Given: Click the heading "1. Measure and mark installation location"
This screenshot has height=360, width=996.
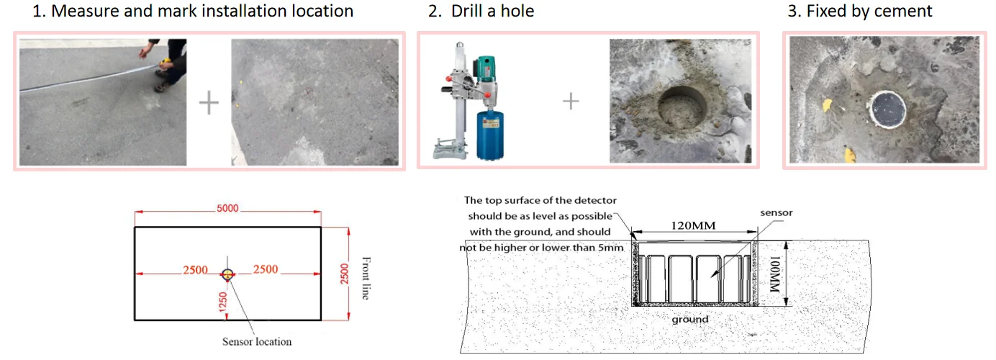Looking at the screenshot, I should click(x=193, y=12).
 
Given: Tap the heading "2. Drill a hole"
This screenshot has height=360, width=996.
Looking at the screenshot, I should click(x=481, y=12).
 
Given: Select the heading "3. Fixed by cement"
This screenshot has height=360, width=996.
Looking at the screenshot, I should click(x=869, y=12).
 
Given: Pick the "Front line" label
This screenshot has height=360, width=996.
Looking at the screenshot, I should click(x=366, y=277).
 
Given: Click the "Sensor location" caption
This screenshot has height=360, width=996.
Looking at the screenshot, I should click(x=257, y=341).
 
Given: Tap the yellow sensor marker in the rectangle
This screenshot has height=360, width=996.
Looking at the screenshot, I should click(x=228, y=274).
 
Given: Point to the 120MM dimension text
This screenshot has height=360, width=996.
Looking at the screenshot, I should click(x=694, y=226).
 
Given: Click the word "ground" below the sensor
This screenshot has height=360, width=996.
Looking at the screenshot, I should click(x=690, y=319).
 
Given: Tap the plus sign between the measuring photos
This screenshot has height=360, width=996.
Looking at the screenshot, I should click(x=209, y=102).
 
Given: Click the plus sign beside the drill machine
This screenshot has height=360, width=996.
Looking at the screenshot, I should click(x=570, y=102).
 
